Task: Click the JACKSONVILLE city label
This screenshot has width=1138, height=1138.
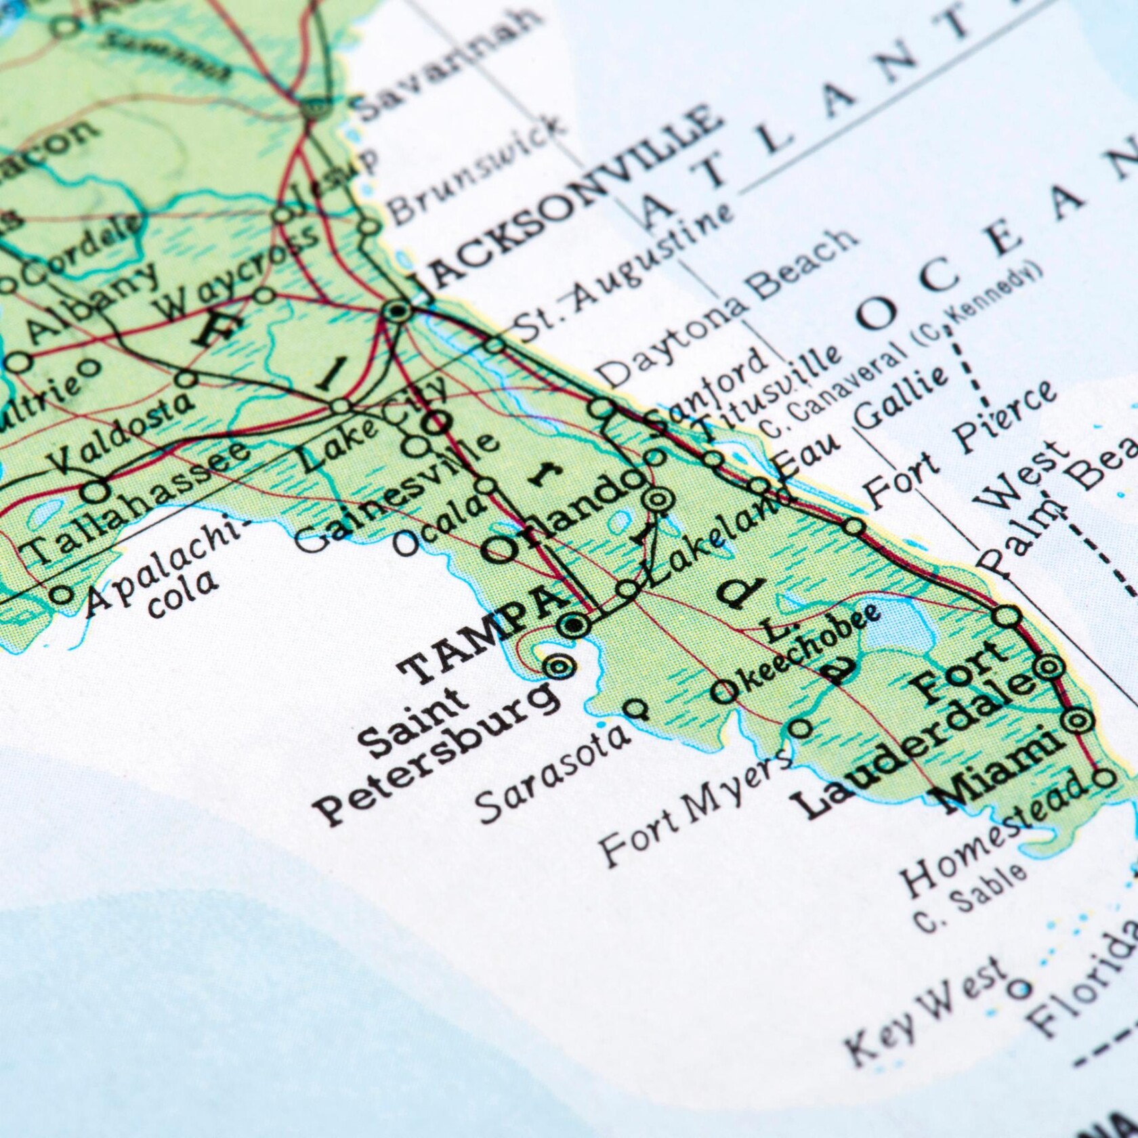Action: (x=569, y=196)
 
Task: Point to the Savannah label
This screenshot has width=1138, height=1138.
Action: (x=447, y=64)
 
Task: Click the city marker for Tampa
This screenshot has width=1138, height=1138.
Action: (x=574, y=625)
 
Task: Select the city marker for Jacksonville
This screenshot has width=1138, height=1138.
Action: (x=397, y=312)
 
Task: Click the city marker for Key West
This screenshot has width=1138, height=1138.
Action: (x=1018, y=989)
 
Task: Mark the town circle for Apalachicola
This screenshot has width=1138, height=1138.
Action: (x=62, y=595)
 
